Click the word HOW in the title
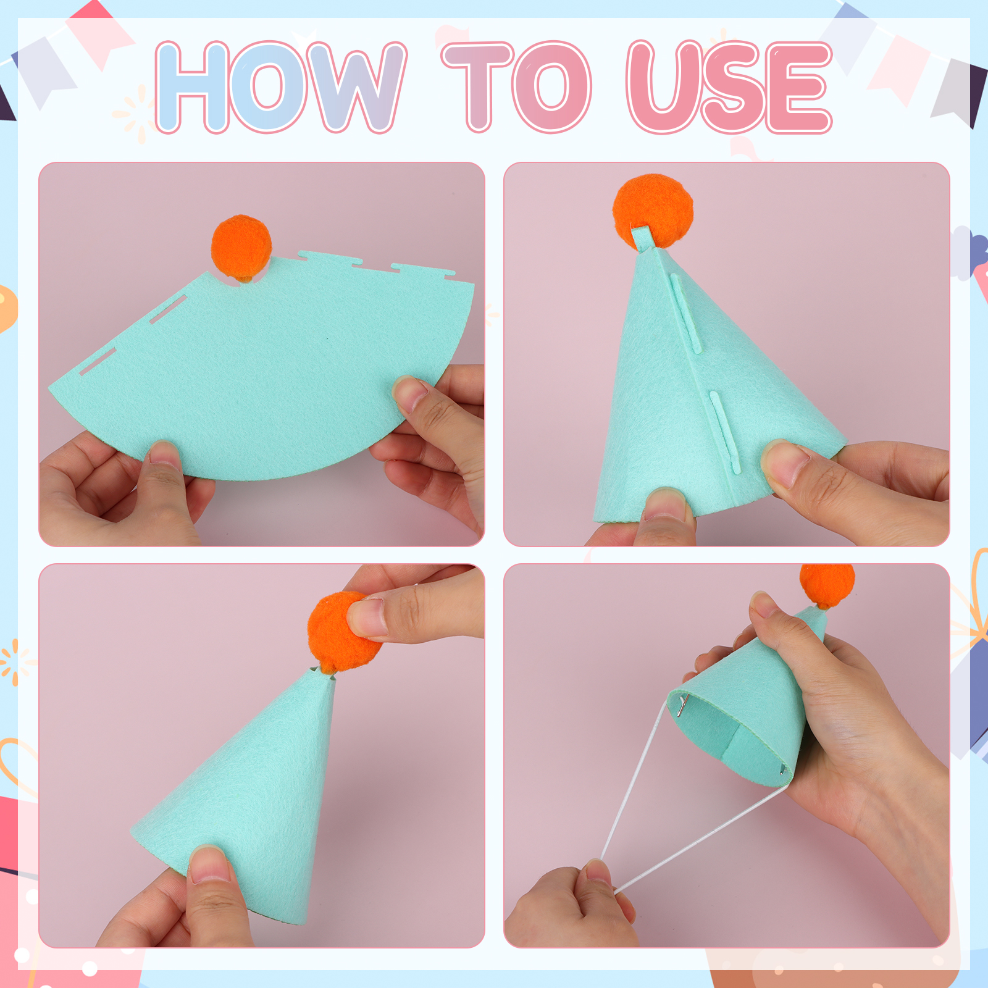pyautogui.click(x=281, y=86)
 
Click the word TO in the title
pyautogui.click(x=516, y=86)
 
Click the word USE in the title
pyautogui.click(x=729, y=86)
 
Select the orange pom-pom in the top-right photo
pyautogui.click(x=653, y=210)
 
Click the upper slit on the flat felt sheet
pyautogui.click(x=168, y=309)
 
